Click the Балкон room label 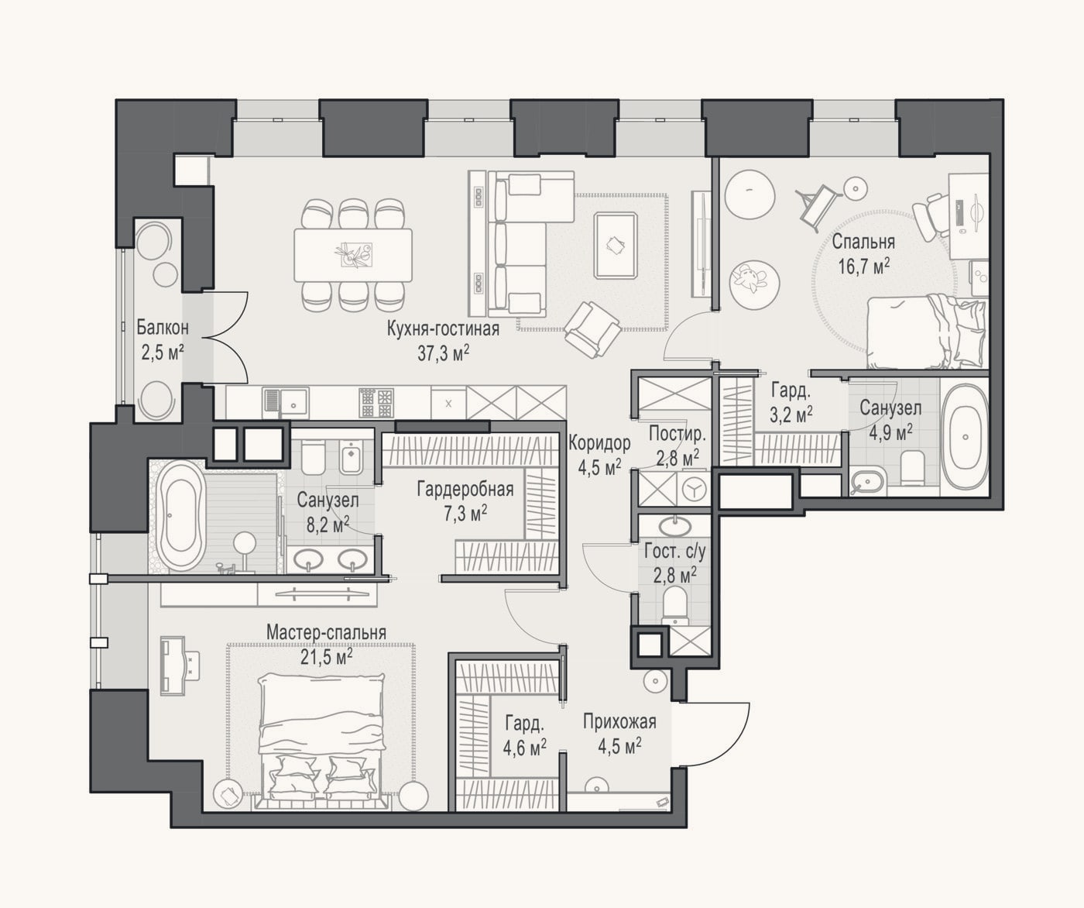[x=163, y=328]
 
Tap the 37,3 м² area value [x=444, y=354]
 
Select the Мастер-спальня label [x=326, y=632]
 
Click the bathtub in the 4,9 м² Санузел [x=965, y=436]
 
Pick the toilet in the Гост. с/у [x=674, y=605]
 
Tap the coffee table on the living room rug [x=616, y=245]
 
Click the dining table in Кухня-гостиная [x=353, y=255]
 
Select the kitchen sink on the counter [x=286, y=401]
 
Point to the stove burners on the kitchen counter [x=376, y=403]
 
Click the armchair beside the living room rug [x=592, y=330]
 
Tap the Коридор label [x=599, y=443]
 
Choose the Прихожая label [x=619, y=721]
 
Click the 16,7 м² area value [x=864, y=267]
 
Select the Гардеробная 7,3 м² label [x=465, y=501]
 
